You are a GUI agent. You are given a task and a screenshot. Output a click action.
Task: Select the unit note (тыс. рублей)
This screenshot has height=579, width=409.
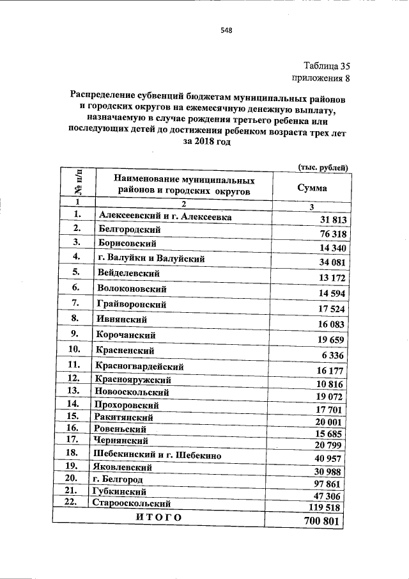[323, 168]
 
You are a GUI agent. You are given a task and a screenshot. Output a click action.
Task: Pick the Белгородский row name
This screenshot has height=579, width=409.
[130, 229]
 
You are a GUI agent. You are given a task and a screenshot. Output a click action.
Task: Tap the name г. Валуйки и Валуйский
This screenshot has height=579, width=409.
[151, 258]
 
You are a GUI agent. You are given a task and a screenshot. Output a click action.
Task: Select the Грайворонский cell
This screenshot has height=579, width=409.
[132, 304]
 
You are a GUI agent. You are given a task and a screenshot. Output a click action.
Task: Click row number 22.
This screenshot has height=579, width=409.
[75, 503]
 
